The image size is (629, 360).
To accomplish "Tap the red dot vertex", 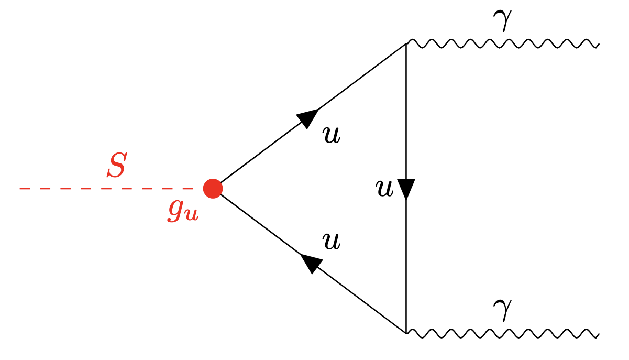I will pos(213,188).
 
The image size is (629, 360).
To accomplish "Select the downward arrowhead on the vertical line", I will pos(406,189).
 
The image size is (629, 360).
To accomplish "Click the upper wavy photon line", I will pos(503,44).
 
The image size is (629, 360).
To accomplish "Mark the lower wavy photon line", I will pos(503,333).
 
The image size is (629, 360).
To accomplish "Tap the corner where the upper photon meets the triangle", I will pos(406,44).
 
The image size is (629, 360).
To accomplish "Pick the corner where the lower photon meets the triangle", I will pos(406,333).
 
